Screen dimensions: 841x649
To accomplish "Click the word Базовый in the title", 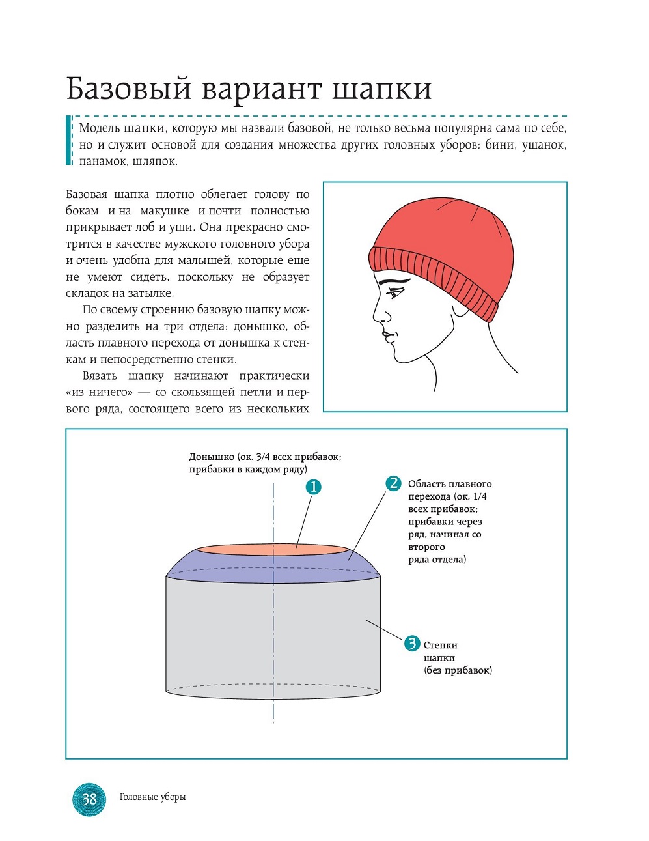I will (x=128, y=89).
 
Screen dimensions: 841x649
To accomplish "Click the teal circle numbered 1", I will (x=314, y=487).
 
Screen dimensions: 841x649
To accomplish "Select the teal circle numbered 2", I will (x=393, y=483).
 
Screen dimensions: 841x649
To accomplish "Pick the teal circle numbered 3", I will (x=412, y=644).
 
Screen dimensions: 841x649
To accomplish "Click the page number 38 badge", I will (x=89, y=799).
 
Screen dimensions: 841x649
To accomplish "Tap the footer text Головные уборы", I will (x=152, y=797).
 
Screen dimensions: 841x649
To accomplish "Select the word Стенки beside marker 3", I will (x=440, y=645).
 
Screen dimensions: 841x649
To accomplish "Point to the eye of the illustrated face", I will (x=394, y=292).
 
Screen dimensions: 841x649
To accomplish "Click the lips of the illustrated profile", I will (x=387, y=337).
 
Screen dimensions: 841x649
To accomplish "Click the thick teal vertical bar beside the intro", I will (x=69, y=140).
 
